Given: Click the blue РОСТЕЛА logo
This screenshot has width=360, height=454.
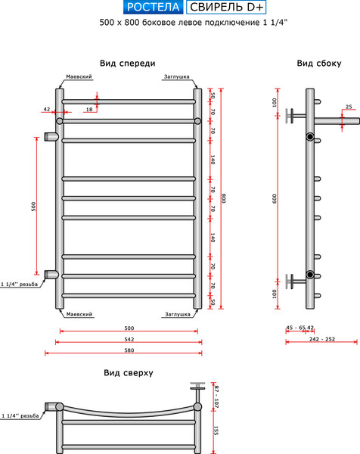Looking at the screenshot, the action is pyautogui.click(x=153, y=8).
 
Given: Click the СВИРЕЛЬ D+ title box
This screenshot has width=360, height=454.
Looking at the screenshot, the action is pyautogui.click(x=226, y=8).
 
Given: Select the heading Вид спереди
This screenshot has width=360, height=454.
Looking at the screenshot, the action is pyautogui.click(x=128, y=64).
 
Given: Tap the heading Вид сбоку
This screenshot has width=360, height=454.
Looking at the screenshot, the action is pyautogui.click(x=319, y=64).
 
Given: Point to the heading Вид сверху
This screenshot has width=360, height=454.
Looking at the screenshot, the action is pyautogui.click(x=129, y=372).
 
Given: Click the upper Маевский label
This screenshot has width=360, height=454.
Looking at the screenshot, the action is pyautogui.click(x=79, y=76).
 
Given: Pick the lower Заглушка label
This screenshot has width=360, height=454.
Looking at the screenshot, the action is pyautogui.click(x=178, y=314).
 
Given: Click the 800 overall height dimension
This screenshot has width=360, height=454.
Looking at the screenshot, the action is pyautogui.click(x=223, y=198).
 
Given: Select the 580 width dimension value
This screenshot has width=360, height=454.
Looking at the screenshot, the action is pyautogui.click(x=129, y=350).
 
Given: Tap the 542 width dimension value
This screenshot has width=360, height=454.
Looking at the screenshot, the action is pyautogui.click(x=129, y=339).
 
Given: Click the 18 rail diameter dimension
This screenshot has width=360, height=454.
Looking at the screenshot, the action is pyautogui.click(x=89, y=109).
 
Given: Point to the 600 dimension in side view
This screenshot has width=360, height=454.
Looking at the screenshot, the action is pyautogui.click(x=275, y=198).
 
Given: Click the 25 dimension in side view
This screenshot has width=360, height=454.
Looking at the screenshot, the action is pyautogui.click(x=349, y=107).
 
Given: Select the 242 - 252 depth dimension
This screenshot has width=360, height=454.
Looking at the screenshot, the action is pyautogui.click(x=321, y=339).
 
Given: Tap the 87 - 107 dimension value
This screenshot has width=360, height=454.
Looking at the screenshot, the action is pyautogui.click(x=216, y=396).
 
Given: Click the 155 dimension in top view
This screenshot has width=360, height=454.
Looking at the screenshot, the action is pyautogui.click(x=216, y=431).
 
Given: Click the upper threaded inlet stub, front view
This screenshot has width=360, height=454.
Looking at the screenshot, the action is pyautogui.click(x=51, y=136).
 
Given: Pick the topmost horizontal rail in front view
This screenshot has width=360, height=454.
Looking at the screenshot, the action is pyautogui.click(x=129, y=101).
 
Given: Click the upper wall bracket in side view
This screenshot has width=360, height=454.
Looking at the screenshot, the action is pyautogui.click(x=296, y=116).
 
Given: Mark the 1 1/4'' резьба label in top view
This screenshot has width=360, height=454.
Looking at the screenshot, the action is pyautogui.click(x=20, y=415).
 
